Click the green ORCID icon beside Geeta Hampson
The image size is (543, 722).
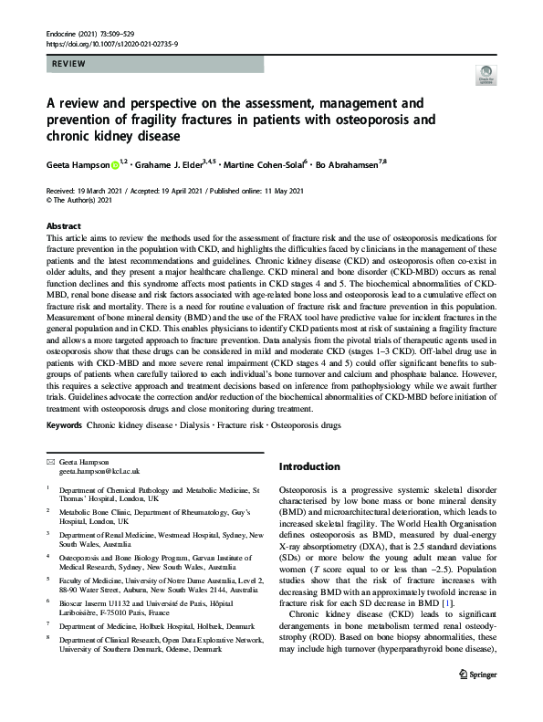click(x=115, y=165)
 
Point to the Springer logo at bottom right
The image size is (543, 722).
click(x=473, y=698)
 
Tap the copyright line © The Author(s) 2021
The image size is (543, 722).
click(x=85, y=200)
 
